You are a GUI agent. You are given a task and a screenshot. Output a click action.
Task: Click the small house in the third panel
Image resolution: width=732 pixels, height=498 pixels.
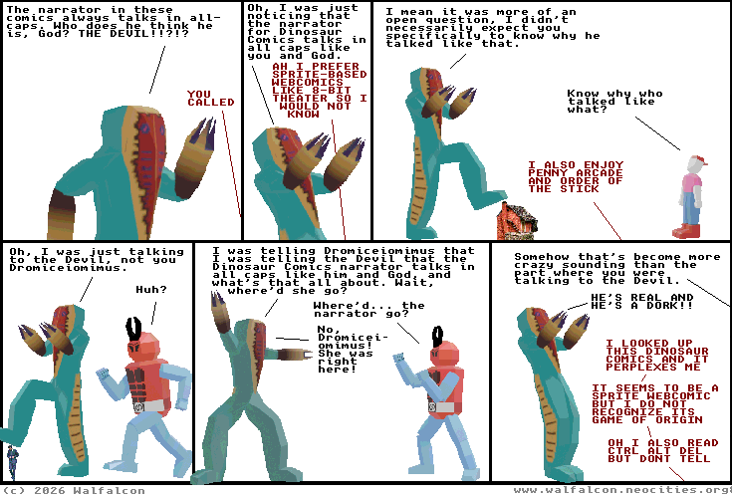(x=517, y=221)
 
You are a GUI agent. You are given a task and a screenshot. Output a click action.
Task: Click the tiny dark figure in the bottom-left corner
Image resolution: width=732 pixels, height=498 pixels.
(x=13, y=462)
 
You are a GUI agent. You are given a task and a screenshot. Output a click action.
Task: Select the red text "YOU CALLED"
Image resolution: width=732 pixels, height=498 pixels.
(x=211, y=98)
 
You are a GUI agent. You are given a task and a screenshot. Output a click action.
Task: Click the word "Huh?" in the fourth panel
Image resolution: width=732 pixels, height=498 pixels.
(x=151, y=290)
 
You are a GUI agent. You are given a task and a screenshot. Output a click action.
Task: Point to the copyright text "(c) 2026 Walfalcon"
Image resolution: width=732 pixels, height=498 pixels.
(x=74, y=491)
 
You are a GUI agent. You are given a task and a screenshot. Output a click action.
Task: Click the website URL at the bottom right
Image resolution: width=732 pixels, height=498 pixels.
(x=622, y=490)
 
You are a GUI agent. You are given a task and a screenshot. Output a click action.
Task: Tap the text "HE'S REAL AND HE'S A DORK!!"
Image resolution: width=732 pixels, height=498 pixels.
(x=642, y=302)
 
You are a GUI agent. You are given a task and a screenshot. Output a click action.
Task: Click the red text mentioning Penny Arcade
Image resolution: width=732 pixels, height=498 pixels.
(x=576, y=177)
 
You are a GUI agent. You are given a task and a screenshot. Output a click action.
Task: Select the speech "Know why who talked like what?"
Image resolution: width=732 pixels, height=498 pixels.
(x=614, y=102)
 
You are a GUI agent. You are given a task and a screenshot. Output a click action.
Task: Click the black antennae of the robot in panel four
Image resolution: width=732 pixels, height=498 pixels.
(x=134, y=329)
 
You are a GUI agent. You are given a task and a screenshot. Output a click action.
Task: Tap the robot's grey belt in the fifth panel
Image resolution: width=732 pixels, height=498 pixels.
(x=441, y=407)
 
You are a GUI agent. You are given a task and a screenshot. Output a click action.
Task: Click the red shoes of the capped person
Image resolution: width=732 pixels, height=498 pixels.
(x=686, y=231)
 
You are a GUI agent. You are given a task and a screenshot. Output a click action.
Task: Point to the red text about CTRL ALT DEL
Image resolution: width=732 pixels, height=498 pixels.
(x=663, y=451)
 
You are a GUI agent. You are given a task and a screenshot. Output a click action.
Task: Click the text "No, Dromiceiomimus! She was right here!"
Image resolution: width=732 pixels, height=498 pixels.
(x=353, y=350)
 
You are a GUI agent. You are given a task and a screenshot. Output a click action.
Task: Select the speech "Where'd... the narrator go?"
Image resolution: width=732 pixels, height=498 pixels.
(x=368, y=310)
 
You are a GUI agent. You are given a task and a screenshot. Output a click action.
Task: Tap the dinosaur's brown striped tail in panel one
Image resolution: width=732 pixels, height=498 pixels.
(x=62, y=215)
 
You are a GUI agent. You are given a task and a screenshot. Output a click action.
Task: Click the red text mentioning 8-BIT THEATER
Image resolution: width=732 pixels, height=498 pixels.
(x=320, y=90)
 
